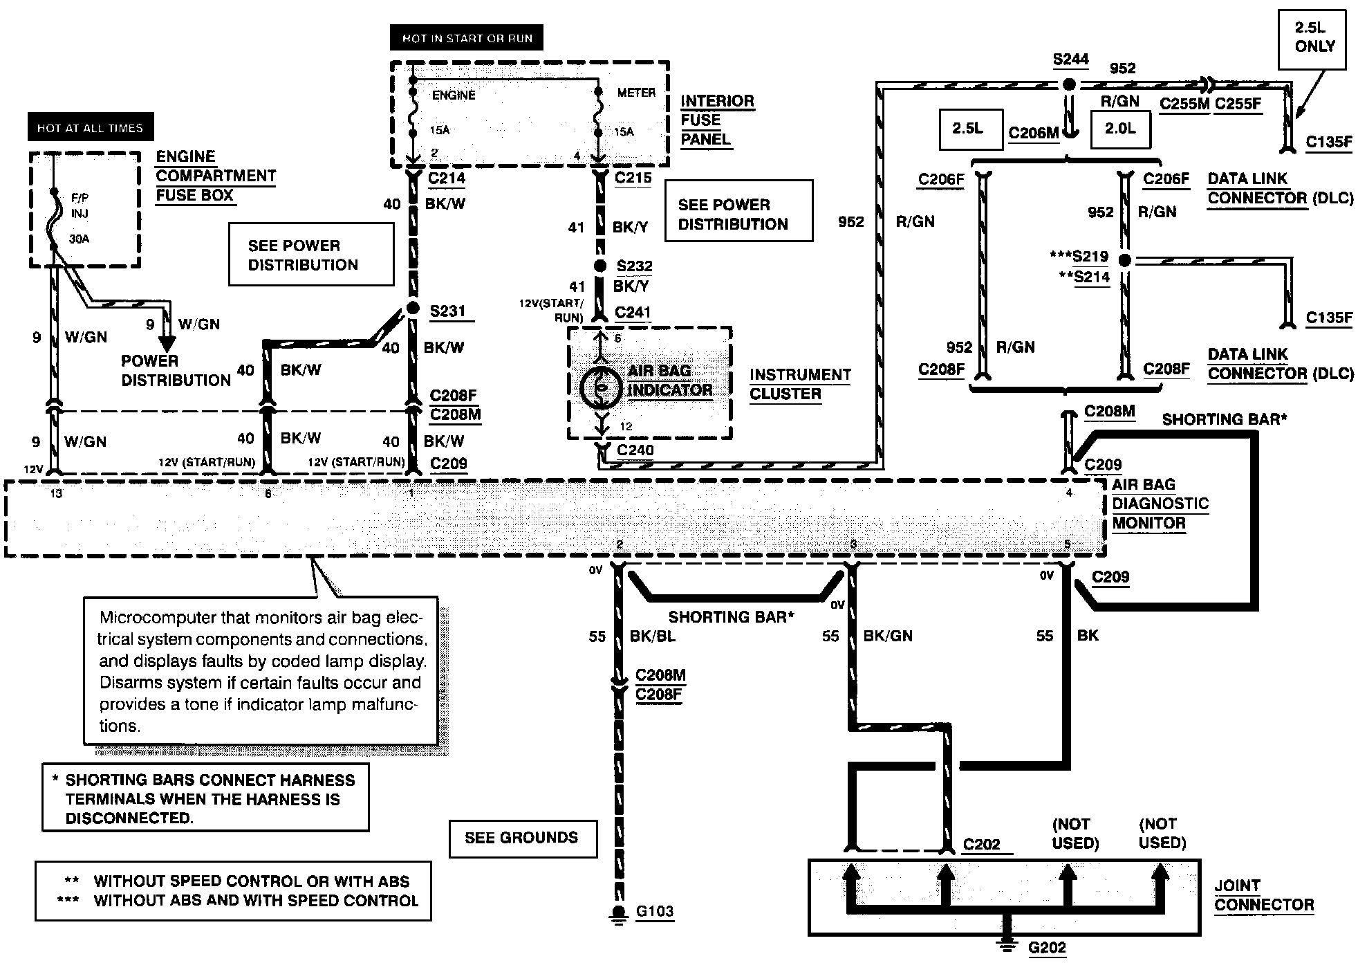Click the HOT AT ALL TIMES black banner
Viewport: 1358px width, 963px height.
(91, 128)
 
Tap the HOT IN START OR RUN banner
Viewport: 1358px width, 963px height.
(467, 38)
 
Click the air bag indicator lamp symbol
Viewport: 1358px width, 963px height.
(602, 388)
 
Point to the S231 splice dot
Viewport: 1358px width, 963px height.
(413, 308)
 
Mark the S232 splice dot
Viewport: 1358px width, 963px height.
(600, 266)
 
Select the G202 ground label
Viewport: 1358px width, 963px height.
(1047, 948)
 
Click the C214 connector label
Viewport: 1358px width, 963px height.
(447, 178)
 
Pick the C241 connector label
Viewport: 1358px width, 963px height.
(633, 313)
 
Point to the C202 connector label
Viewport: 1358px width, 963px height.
(982, 845)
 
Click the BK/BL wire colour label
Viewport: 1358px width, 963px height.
(652, 636)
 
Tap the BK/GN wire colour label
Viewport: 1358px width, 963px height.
(888, 636)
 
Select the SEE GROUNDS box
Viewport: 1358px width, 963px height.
(522, 838)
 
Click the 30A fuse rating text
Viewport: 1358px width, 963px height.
(80, 239)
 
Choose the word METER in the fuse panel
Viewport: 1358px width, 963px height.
(636, 93)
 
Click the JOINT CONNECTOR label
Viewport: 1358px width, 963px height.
(1263, 895)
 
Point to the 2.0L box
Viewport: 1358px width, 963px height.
(1120, 129)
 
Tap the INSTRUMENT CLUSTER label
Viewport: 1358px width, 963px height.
(799, 384)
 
